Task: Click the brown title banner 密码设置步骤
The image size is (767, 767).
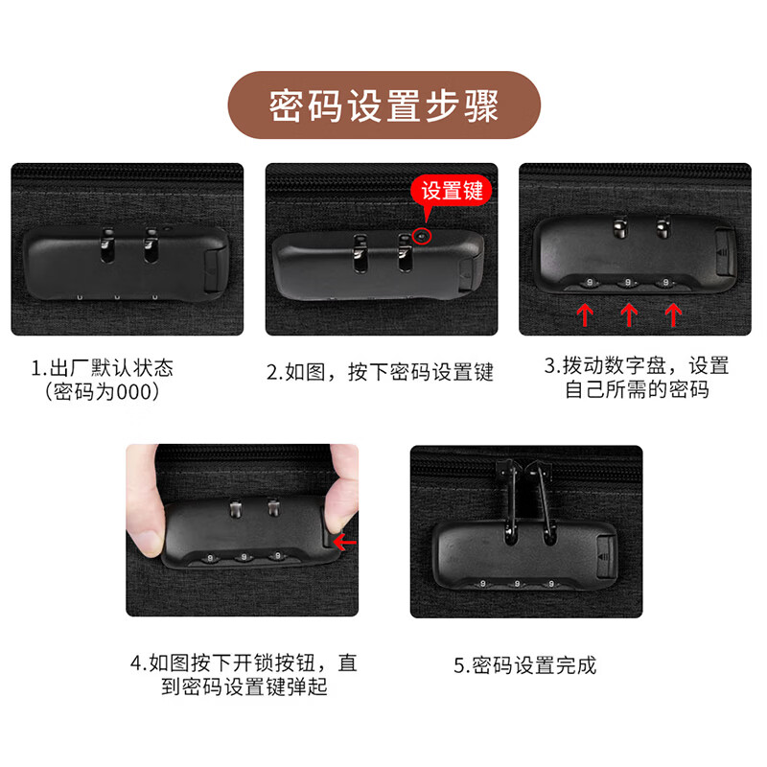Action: pos(383,105)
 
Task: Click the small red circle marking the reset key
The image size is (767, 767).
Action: pos(423,232)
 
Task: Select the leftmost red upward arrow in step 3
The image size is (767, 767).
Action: pos(585,313)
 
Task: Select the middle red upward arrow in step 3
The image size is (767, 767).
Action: pos(629,313)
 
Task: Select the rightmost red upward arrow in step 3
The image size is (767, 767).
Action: pos(673,313)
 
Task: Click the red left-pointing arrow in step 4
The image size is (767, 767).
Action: pos(344,543)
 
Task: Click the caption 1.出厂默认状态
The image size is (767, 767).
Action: pos(102,368)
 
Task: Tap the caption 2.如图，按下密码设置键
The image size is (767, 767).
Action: pos(380,373)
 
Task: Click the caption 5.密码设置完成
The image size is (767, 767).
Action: pos(524,664)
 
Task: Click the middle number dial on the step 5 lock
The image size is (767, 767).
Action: pos(516,582)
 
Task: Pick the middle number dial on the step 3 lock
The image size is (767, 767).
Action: pos(628,282)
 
